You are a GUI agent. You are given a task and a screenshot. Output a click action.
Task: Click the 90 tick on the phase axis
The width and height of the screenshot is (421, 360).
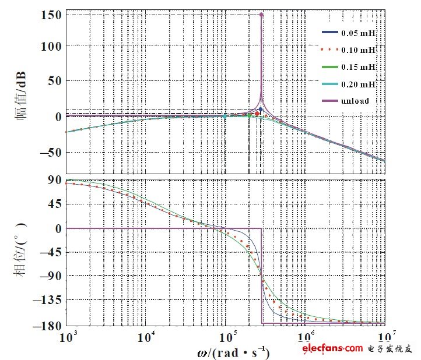[55, 180]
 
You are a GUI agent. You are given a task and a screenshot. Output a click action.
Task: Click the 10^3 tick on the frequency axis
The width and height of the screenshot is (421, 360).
[69, 337]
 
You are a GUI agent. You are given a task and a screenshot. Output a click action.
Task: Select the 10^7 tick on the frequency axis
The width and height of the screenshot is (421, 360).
[384, 337]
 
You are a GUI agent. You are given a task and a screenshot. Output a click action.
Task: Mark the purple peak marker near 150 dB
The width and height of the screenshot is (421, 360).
[261, 15]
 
